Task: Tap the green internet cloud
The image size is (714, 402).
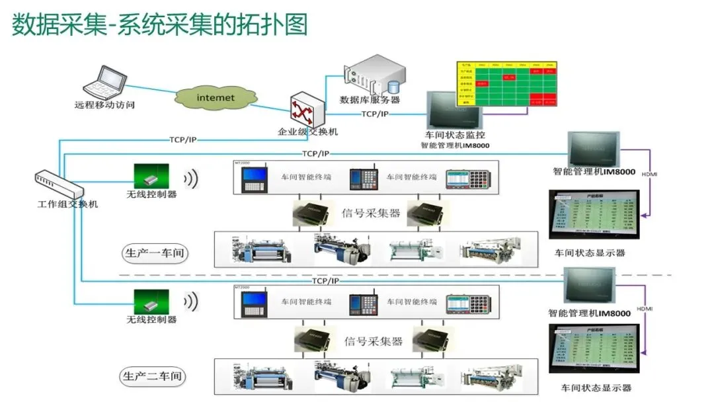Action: [x=216, y=98]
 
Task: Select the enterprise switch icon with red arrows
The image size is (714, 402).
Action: [x=307, y=110]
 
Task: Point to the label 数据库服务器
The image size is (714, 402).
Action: [x=370, y=100]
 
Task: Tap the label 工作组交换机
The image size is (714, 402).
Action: [x=67, y=204]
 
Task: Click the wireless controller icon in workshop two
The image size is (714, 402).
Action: [x=151, y=301]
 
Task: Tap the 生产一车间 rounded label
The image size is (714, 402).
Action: [x=154, y=253]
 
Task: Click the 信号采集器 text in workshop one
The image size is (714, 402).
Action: [x=371, y=214]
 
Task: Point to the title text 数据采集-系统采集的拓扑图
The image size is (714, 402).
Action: [x=160, y=24]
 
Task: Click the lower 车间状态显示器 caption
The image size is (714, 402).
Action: [x=596, y=388]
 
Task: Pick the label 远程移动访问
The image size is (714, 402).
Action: [x=104, y=104]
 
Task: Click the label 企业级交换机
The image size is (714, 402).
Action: [x=307, y=132]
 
